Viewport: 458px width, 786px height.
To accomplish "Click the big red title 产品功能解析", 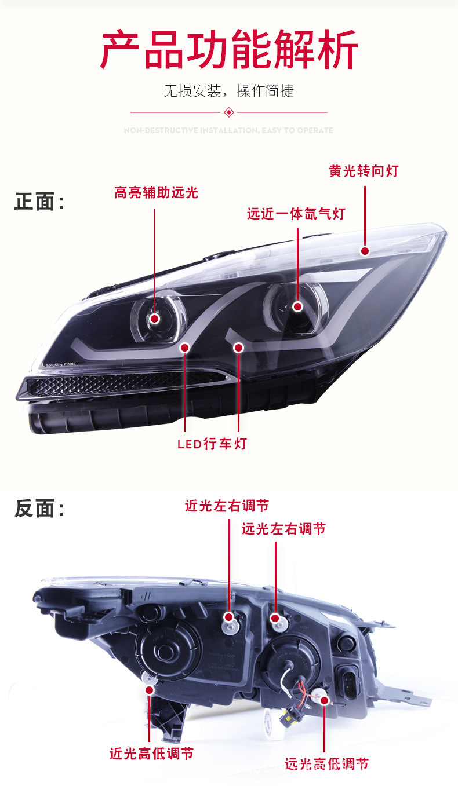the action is pyautogui.click(x=229, y=51).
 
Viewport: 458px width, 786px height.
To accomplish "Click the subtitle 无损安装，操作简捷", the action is pyautogui.click(x=229, y=91).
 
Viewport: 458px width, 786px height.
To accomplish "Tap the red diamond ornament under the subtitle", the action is pyautogui.click(x=229, y=112).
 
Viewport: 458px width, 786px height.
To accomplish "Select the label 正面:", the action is pyautogui.click(x=39, y=202).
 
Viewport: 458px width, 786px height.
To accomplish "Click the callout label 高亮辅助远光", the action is pyautogui.click(x=156, y=192).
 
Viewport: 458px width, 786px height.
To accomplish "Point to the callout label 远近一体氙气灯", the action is pyautogui.click(x=296, y=214).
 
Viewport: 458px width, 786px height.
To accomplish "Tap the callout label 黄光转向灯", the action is pyautogui.click(x=364, y=171).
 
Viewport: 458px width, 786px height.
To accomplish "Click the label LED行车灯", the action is pyautogui.click(x=212, y=444).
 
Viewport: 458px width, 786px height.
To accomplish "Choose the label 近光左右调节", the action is pyautogui.click(x=227, y=506).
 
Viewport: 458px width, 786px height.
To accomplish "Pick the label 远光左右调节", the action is pyautogui.click(x=283, y=529).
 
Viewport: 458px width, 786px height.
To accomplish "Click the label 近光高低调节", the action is pyautogui.click(x=151, y=754).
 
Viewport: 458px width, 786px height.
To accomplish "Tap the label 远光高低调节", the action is pyautogui.click(x=326, y=764).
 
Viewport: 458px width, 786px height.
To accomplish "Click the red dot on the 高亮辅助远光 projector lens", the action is pyautogui.click(x=155, y=318).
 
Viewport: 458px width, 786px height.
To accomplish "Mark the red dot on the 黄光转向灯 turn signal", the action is pyautogui.click(x=365, y=251).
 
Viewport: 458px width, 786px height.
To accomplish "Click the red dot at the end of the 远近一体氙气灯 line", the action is pyautogui.click(x=297, y=306).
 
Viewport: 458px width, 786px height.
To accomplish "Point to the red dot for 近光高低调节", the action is pyautogui.click(x=150, y=690).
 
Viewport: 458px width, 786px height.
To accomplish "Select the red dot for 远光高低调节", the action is pyautogui.click(x=324, y=700).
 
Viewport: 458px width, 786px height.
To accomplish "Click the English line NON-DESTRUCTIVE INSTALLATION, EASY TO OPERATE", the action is pyautogui.click(x=229, y=130).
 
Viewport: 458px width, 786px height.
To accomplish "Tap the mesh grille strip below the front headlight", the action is pyautogui.click(x=116, y=384).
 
